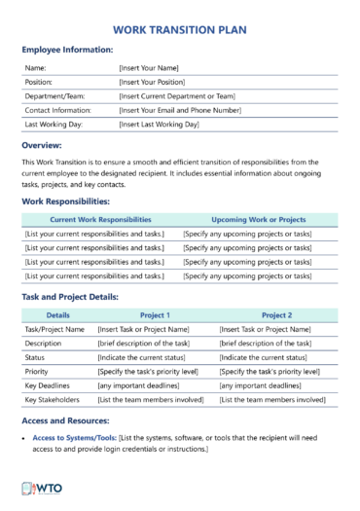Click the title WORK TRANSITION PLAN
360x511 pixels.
click(x=180, y=30)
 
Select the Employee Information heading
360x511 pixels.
click(x=67, y=50)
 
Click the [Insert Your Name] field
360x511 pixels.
click(x=149, y=69)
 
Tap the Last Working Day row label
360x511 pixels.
click(x=57, y=125)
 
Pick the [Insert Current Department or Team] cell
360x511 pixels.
click(x=178, y=97)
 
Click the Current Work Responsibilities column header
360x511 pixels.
click(x=100, y=220)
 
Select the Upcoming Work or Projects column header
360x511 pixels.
click(x=258, y=220)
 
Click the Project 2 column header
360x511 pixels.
click(x=276, y=315)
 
